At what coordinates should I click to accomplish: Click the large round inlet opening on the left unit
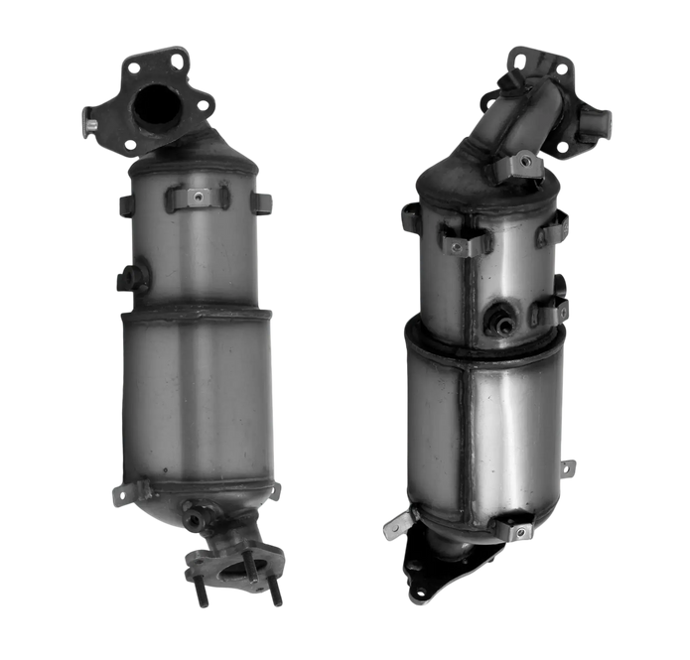(x=158, y=106)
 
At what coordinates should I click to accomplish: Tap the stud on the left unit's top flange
(x=89, y=126)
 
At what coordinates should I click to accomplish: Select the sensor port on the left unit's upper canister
(x=131, y=277)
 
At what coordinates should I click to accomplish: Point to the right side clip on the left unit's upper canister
(x=263, y=203)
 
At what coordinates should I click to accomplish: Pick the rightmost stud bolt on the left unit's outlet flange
(x=275, y=595)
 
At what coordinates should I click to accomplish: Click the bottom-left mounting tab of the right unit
(x=396, y=524)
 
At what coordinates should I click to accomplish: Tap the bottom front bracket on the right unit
(x=517, y=530)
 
